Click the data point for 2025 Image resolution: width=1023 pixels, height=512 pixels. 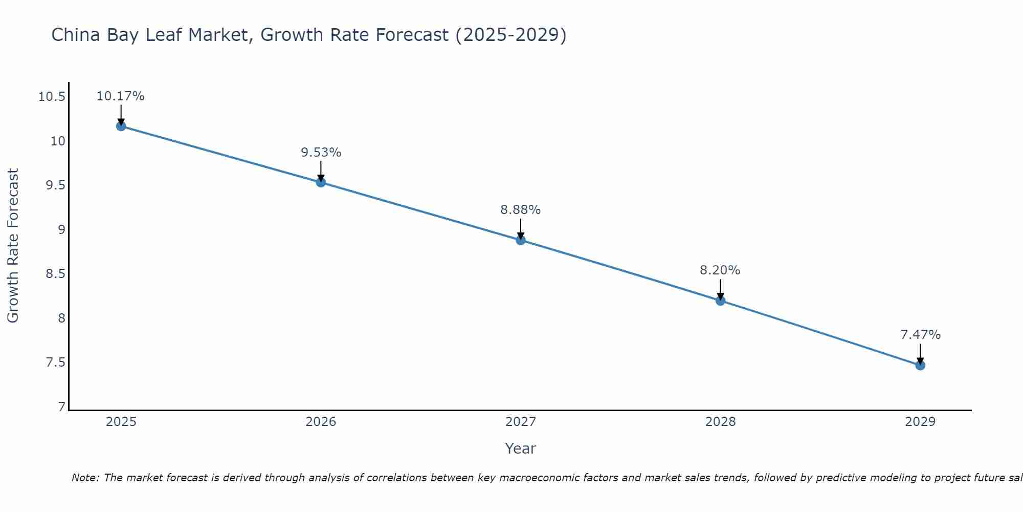[x=121, y=126]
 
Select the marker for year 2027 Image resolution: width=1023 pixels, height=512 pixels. [x=521, y=240]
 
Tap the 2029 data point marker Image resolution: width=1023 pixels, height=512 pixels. [x=920, y=365]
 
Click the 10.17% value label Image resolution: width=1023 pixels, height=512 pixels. [x=121, y=96]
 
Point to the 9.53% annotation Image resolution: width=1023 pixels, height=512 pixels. [x=321, y=153]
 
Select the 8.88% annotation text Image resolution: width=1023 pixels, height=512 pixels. [x=521, y=210]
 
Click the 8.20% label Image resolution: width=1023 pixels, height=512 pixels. [x=720, y=270]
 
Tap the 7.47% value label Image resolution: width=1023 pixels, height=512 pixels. [x=920, y=335]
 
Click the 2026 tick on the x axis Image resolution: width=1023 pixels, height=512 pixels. [x=321, y=422]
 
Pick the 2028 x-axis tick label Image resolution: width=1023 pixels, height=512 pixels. [x=720, y=422]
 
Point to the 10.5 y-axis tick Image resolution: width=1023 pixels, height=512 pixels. [x=52, y=97]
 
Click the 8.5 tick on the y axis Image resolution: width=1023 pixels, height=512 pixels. [x=56, y=274]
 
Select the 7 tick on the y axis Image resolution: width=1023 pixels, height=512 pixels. [x=62, y=407]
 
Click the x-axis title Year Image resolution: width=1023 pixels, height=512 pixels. [x=521, y=449]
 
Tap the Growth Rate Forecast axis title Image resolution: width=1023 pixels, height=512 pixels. [x=13, y=246]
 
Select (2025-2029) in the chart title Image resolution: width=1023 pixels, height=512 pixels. [x=511, y=35]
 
